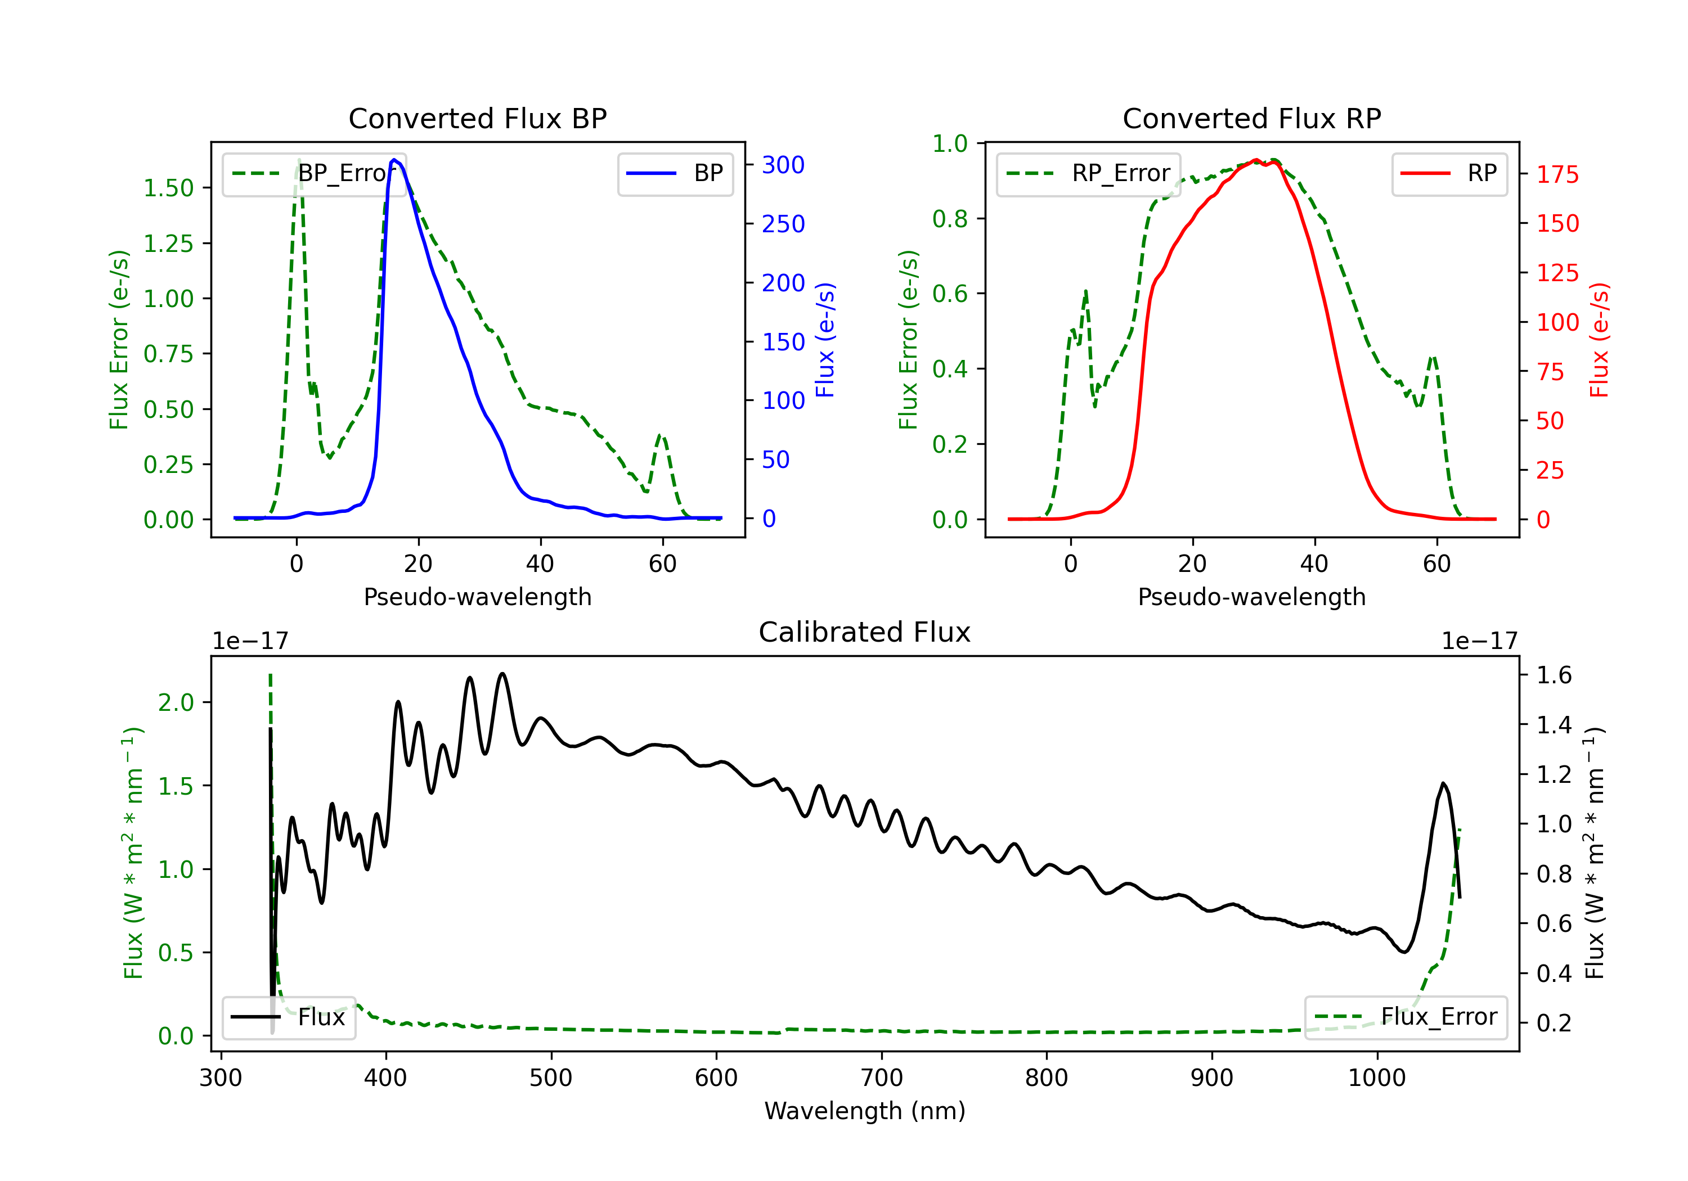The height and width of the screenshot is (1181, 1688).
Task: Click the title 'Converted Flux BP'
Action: click(x=477, y=118)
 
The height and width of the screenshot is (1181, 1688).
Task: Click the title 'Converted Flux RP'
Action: click(x=1251, y=118)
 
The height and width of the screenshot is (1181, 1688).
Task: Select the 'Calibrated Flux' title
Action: click(x=865, y=632)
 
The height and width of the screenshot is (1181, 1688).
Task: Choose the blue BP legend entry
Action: click(x=675, y=173)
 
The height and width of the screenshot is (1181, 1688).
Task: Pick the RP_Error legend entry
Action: click(x=1088, y=173)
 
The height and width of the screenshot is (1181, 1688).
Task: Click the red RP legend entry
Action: click(x=1449, y=173)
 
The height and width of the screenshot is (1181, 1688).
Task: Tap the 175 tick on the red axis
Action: click(x=1557, y=175)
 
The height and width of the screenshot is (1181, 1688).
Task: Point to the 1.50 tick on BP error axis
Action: click(x=168, y=188)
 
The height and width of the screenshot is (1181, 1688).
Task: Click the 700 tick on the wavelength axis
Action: click(x=882, y=1078)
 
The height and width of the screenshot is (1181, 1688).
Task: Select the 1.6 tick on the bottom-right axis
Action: click(x=1554, y=675)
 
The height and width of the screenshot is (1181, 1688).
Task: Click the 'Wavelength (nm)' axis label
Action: click(x=865, y=1111)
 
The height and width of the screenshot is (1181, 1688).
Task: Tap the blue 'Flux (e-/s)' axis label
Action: click(x=825, y=340)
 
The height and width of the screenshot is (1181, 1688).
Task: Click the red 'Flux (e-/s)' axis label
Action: click(x=1599, y=340)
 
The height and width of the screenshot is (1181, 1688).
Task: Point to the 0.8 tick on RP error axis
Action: click(x=950, y=219)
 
